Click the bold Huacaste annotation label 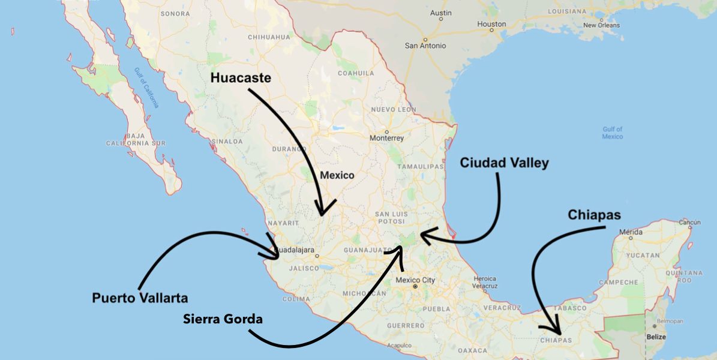click(x=241, y=79)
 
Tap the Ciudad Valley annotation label click(x=504, y=163)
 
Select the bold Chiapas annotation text click(x=594, y=215)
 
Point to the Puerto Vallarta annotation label click(x=140, y=298)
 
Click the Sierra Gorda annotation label click(x=223, y=319)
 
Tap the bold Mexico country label click(x=337, y=176)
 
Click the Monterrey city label click(x=387, y=138)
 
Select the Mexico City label click(x=415, y=280)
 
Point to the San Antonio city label click(x=425, y=46)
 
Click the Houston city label click(x=491, y=25)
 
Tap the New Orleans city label click(x=601, y=25)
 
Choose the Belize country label click(x=656, y=337)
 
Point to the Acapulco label click(x=399, y=345)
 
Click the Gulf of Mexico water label click(x=612, y=133)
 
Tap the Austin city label click(x=441, y=13)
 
